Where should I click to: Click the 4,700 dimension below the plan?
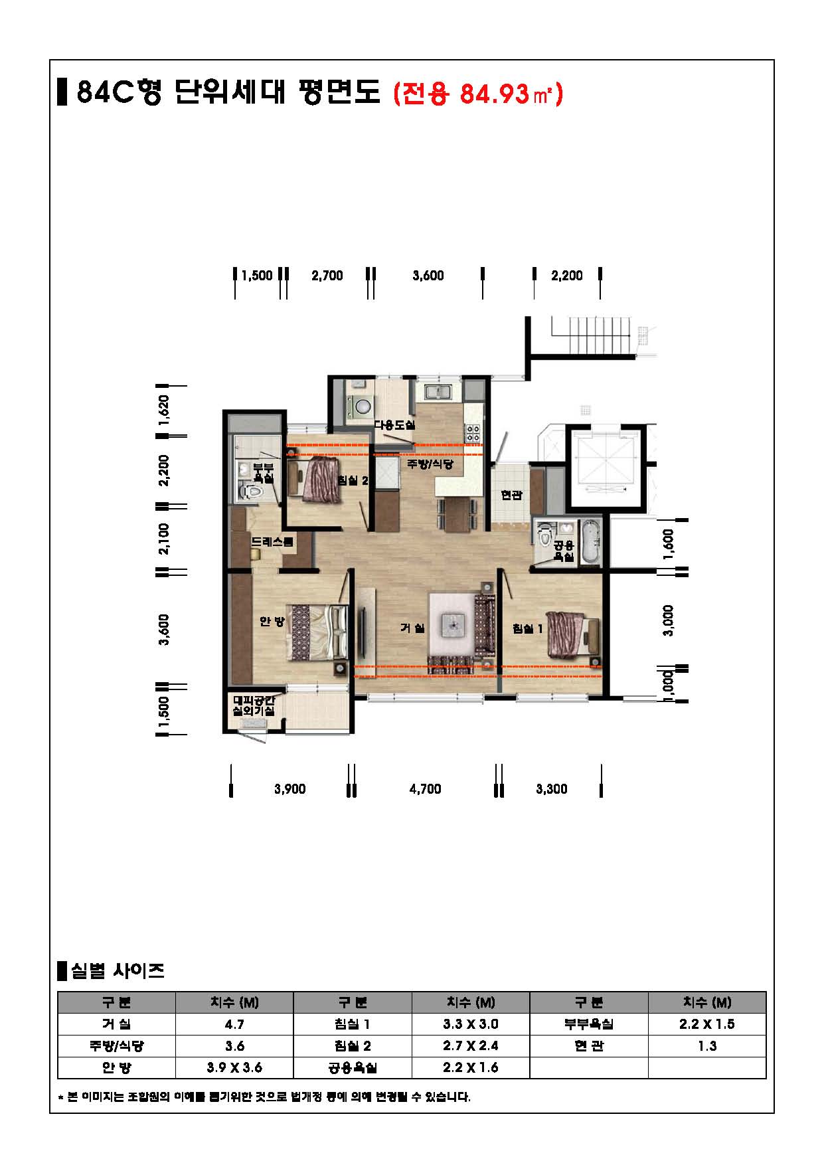pyautogui.click(x=426, y=789)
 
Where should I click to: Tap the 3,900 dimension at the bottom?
pyautogui.click(x=290, y=789)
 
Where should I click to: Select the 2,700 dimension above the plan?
pyautogui.click(x=327, y=276)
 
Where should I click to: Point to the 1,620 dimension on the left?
pyautogui.click(x=165, y=410)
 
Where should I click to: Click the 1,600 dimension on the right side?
pyautogui.click(x=669, y=544)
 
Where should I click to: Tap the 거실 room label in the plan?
pyautogui.click(x=412, y=628)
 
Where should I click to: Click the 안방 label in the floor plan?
pyautogui.click(x=272, y=621)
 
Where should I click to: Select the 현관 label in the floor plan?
pyautogui.click(x=512, y=495)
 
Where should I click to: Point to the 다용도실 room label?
pyautogui.click(x=394, y=425)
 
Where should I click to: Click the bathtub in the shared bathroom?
pyautogui.click(x=590, y=542)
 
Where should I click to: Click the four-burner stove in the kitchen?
pyautogui.click(x=473, y=434)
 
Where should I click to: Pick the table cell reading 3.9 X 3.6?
pyautogui.click(x=234, y=1067)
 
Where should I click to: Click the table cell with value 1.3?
pyautogui.click(x=707, y=1045)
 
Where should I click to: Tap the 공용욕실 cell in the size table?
pyautogui.click(x=353, y=1067)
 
